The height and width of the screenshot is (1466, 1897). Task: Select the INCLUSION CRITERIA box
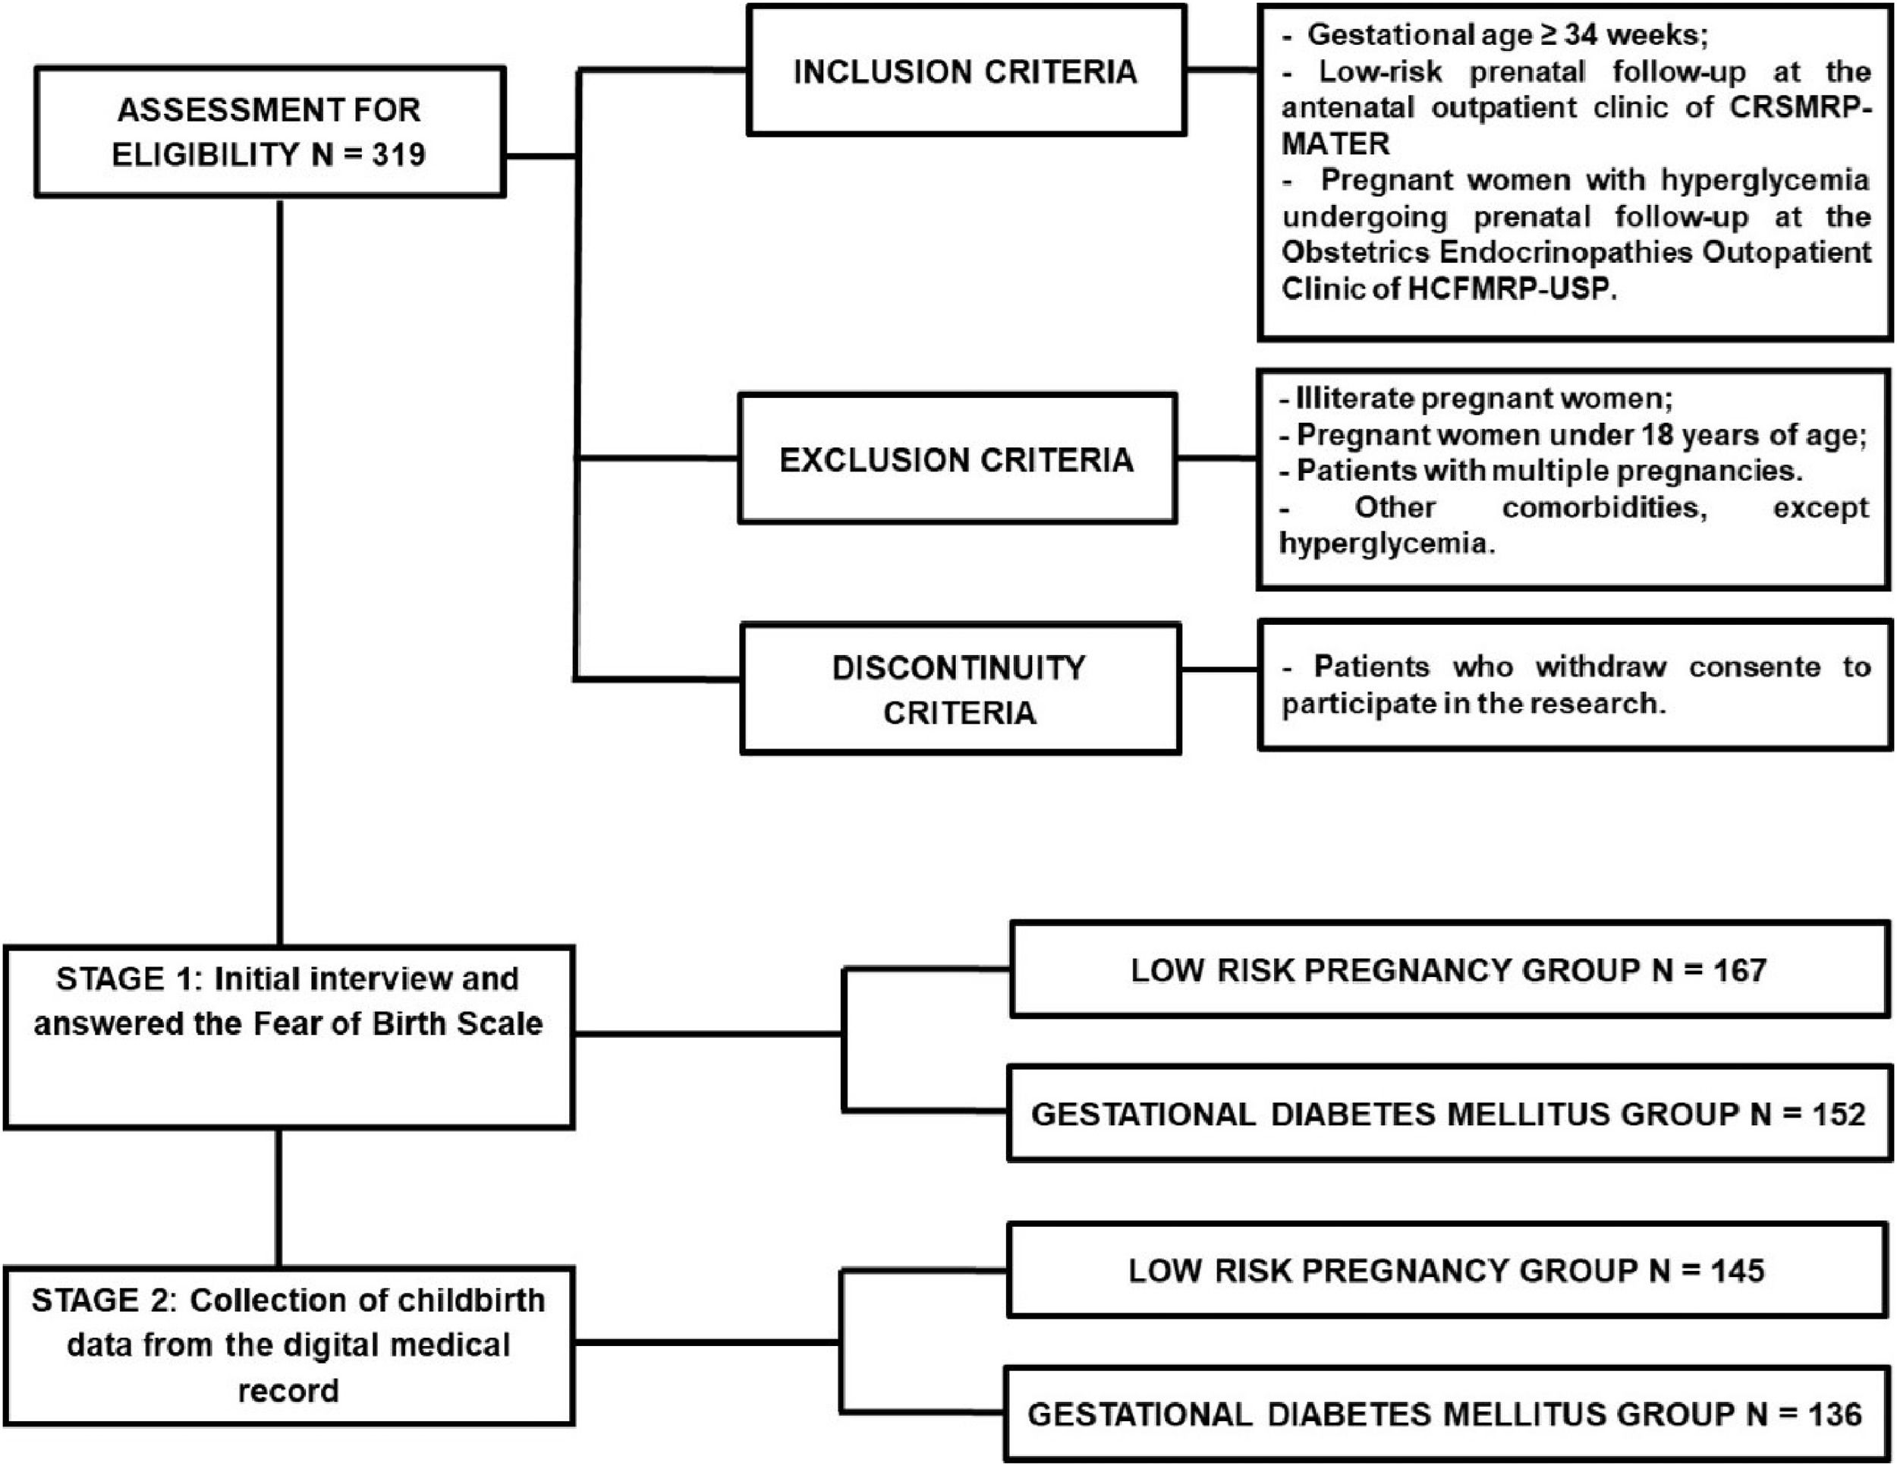click(x=965, y=71)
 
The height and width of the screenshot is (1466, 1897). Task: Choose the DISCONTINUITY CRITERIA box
click(x=960, y=689)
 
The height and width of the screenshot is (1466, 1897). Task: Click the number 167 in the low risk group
click(x=1740, y=969)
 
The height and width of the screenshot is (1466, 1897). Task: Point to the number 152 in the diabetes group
click(x=1839, y=1114)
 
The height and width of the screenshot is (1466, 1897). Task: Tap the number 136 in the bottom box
click(x=1835, y=1414)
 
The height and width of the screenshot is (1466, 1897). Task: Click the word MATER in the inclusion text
click(x=1335, y=144)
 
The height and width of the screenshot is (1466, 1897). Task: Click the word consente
click(x=1754, y=667)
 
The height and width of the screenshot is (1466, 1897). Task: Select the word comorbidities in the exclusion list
click(x=1604, y=507)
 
